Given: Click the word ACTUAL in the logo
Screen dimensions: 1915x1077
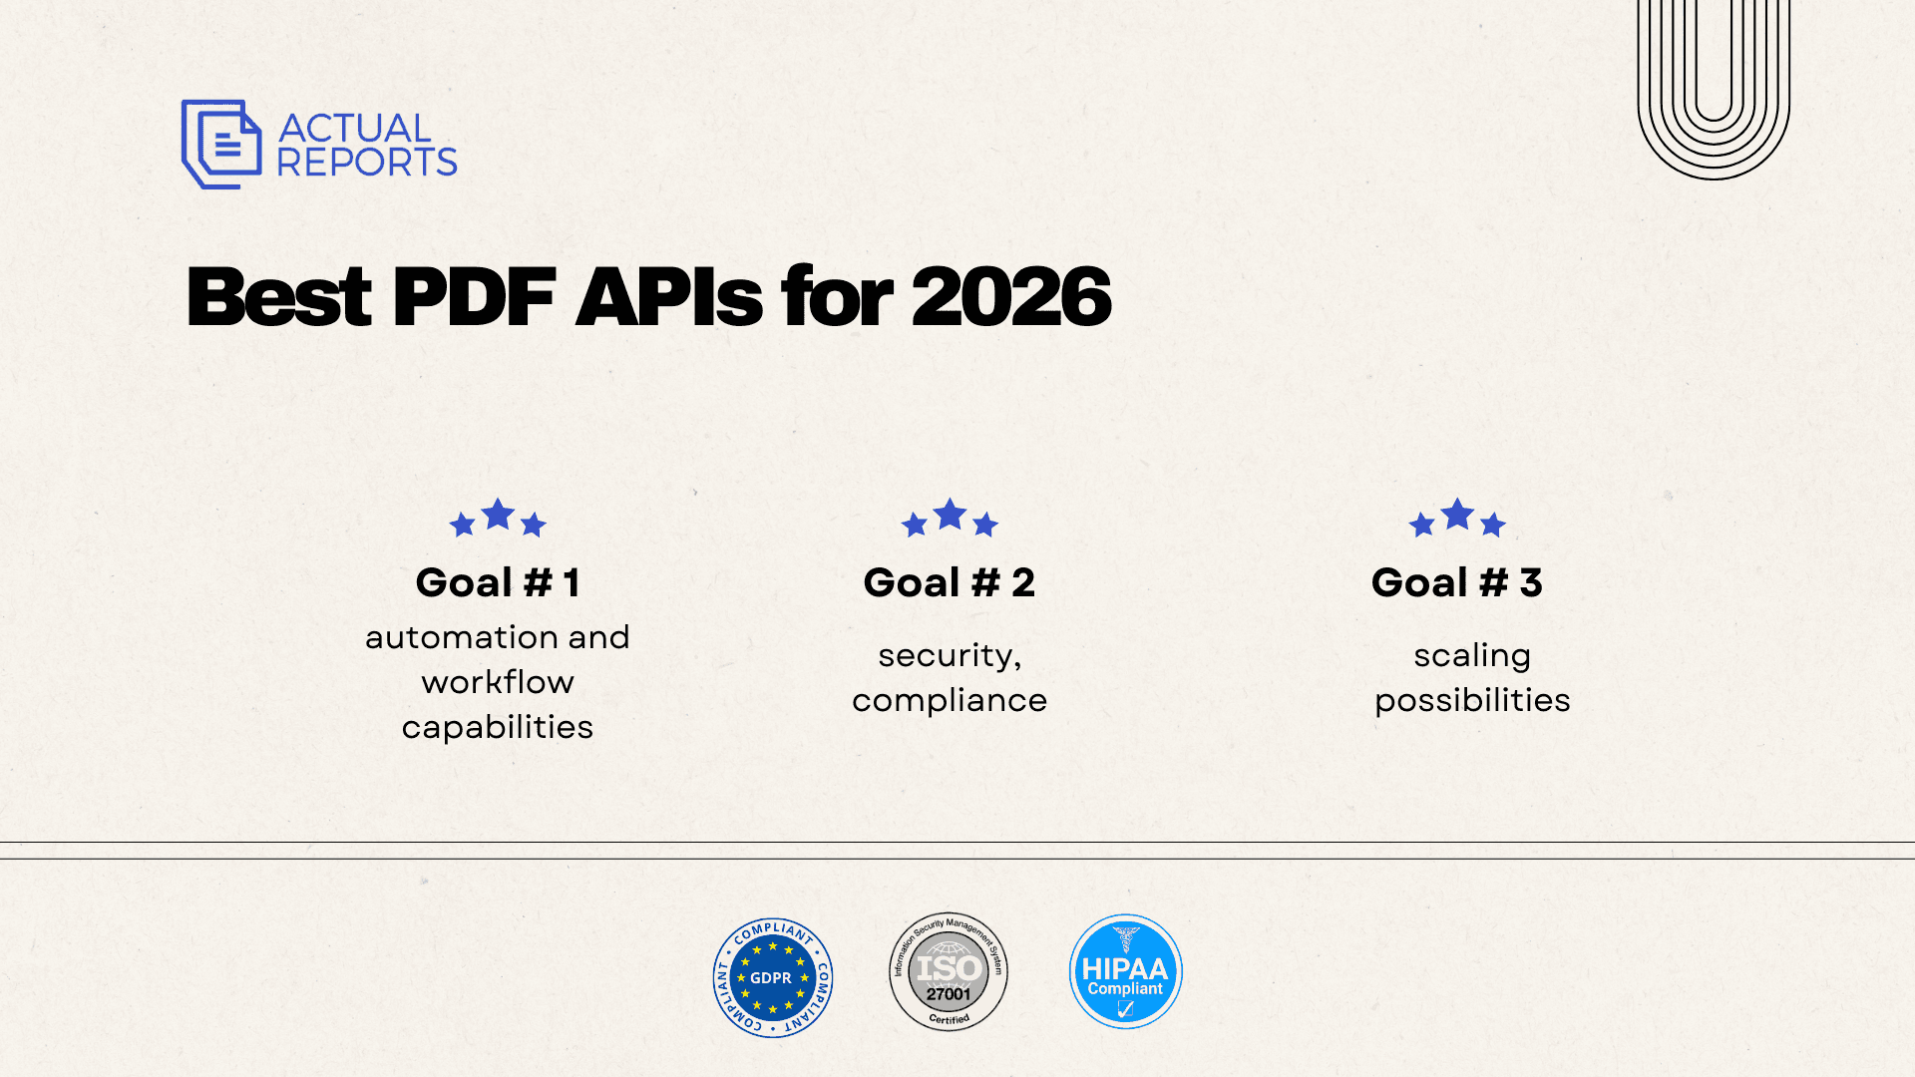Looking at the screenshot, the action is (355, 128).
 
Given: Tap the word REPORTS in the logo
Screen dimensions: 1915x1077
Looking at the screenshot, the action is (367, 162).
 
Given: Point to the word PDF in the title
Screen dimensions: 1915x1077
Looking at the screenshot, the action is (474, 296).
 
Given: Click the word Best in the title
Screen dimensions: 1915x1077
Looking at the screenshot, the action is (279, 296).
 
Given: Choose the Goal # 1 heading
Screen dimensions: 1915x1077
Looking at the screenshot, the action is (498, 582).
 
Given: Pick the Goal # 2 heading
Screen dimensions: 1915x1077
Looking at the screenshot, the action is (950, 582).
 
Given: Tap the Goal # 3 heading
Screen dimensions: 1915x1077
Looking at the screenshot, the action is (1457, 582).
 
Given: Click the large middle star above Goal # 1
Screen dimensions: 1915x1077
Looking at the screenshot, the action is (498, 515).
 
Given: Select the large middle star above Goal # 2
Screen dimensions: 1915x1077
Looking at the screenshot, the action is (950, 515).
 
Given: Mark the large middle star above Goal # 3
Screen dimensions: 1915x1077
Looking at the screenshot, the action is (1457, 515).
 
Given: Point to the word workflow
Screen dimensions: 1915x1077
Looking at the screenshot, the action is (498, 682).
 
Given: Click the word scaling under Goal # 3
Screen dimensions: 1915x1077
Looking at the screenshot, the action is (1472, 656).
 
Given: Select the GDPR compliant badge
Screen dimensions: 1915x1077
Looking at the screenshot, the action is (773, 977).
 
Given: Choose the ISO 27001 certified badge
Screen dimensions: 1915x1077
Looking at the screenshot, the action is (949, 971).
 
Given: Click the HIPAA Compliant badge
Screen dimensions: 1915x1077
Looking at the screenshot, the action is (1125, 971).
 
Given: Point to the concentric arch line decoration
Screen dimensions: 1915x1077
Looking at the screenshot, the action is (1714, 178).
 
